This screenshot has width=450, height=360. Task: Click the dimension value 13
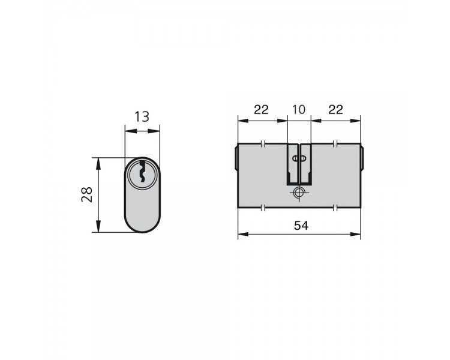[x=142, y=116]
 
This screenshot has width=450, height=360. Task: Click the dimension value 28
[x=87, y=194]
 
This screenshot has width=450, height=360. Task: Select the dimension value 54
[x=301, y=226]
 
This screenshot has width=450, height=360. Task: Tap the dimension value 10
[x=299, y=110]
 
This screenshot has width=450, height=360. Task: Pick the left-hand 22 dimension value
[x=261, y=110]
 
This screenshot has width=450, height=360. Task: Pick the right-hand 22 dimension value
[x=335, y=110]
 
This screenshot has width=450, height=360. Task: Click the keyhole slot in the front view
[x=142, y=172]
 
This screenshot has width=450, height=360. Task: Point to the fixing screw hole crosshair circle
[x=299, y=192]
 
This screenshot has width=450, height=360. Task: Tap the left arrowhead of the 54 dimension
[x=243, y=234]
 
